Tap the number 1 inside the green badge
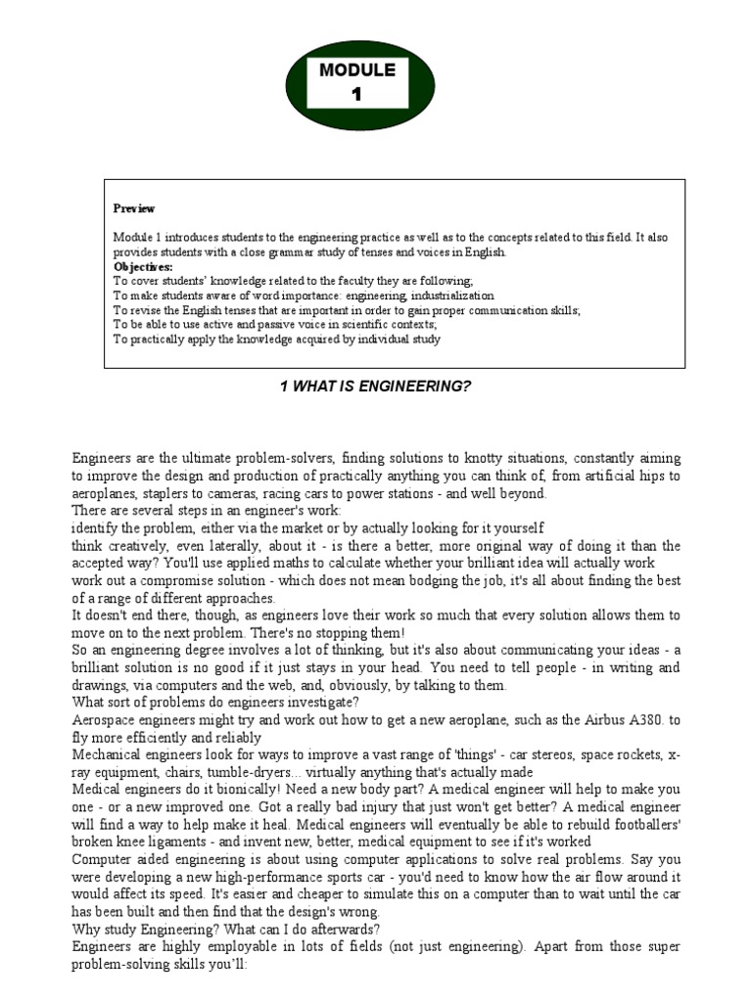click(x=356, y=94)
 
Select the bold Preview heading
click(x=134, y=208)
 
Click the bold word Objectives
click(x=143, y=266)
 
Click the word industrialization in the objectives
click(x=441, y=296)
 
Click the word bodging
click(x=456, y=580)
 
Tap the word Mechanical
click(x=111, y=755)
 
